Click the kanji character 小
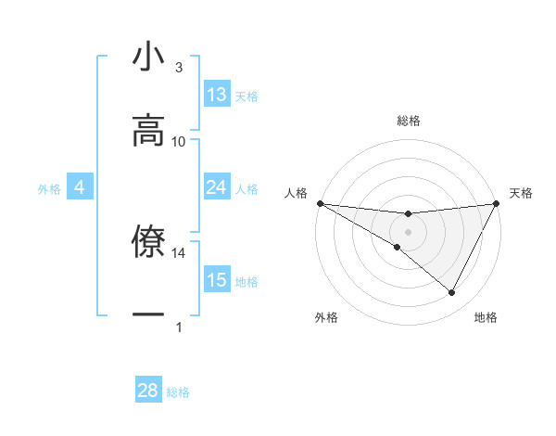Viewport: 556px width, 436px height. [148, 58]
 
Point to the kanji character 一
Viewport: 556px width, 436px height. [148, 314]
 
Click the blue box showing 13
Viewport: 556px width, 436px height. [217, 95]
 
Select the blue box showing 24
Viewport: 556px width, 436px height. [217, 187]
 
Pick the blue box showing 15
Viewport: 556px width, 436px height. [217, 279]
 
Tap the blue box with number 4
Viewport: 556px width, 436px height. [80, 187]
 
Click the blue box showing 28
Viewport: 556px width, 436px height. [148, 391]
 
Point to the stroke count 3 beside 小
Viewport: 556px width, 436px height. [179, 68]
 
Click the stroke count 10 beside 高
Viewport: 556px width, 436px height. [179, 142]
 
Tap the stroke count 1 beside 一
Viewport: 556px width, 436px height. [179, 327]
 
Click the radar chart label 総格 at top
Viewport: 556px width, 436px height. [408, 121]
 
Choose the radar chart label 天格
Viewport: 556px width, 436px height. [521, 193]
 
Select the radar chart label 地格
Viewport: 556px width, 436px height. [486, 317]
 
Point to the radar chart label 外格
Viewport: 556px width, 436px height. [326, 317]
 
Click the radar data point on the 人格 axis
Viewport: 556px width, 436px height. [320, 203]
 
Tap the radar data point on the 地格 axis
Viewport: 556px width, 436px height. [452, 293]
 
